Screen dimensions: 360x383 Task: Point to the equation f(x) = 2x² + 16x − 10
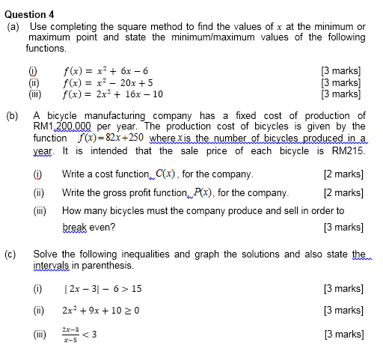point(113,94)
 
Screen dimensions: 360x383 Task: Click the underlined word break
point(75,227)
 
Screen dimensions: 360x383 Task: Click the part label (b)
point(13,116)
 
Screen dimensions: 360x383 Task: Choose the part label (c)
point(13,254)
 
